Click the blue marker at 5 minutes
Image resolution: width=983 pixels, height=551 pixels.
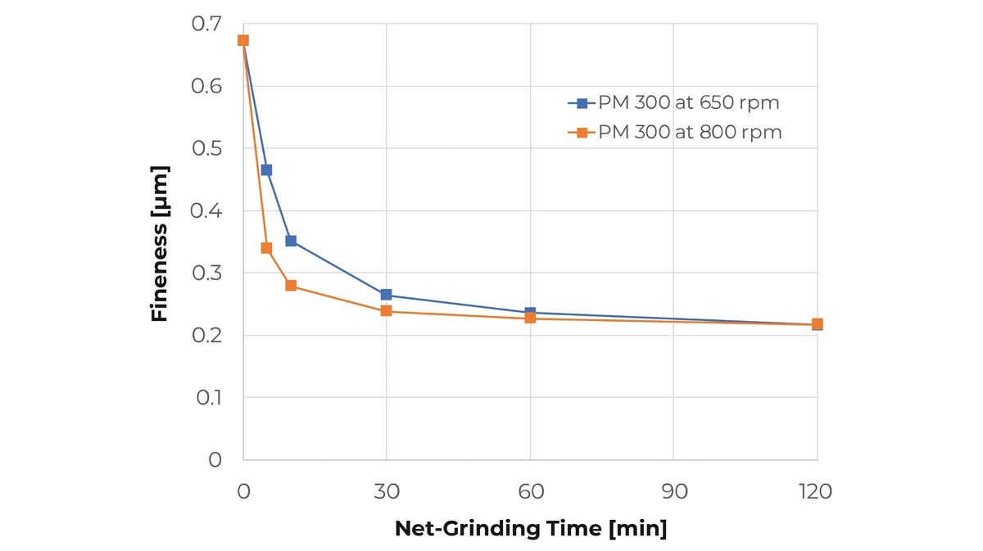coord(266,169)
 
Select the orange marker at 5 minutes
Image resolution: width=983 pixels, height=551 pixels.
coord(266,248)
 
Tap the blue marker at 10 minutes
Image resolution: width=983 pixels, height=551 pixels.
coord(291,241)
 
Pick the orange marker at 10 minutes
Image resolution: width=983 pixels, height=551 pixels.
coord(291,286)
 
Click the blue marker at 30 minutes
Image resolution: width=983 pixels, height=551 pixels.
coord(386,295)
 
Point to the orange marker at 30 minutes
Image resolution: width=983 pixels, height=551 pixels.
coord(386,311)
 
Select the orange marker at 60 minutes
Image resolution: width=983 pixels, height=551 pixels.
coord(530,318)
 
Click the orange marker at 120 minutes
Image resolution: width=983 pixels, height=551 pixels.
coord(818,324)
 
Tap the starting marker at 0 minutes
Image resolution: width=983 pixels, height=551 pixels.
coord(243,41)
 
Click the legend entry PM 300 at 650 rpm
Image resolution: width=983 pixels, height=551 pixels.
coord(673,102)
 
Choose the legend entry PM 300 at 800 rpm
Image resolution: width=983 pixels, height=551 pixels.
coord(675,132)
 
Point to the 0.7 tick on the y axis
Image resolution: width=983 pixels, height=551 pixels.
coord(206,24)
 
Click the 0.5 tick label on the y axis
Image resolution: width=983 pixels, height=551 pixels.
coord(206,148)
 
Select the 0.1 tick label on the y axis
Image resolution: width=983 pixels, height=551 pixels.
coord(208,398)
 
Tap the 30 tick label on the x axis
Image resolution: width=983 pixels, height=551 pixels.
coord(387,492)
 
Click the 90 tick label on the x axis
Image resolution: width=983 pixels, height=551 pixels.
coord(674,492)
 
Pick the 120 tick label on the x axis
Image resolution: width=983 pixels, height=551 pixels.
coord(815,492)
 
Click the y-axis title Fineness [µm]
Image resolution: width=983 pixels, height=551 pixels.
coord(159,243)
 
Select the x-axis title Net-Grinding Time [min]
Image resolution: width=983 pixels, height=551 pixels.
coord(531,529)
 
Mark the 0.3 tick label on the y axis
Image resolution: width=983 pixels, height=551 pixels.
coord(206,273)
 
